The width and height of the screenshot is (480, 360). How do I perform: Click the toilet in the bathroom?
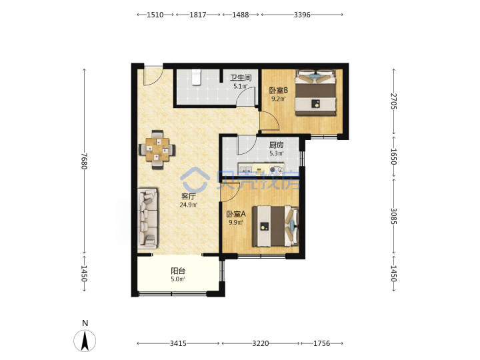(196, 77)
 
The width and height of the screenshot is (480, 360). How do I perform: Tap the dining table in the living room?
(157, 150)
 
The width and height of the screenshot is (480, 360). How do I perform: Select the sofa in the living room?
(147, 218)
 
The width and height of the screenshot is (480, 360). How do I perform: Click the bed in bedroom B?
(315, 93)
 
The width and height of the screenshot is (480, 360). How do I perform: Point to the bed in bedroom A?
(275, 226)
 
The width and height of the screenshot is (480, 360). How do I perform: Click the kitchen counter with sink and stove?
(261, 169)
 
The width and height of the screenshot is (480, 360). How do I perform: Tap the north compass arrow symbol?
(85, 340)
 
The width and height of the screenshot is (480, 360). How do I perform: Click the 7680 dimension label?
(85, 161)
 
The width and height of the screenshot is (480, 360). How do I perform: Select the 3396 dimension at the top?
(302, 15)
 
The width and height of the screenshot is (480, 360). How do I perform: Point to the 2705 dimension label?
(394, 101)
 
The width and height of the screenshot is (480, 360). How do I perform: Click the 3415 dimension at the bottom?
(178, 343)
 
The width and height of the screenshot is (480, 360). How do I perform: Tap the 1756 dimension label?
(322, 343)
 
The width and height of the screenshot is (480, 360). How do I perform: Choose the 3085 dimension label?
(394, 216)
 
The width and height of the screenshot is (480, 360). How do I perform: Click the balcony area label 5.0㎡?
(178, 279)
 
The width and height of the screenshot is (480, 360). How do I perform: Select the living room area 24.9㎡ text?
(189, 205)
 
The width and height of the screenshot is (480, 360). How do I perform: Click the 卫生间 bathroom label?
(241, 78)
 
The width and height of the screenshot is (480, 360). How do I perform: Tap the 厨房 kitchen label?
(276, 145)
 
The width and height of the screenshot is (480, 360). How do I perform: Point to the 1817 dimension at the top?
(198, 15)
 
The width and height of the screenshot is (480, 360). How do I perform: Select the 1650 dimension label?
(394, 157)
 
